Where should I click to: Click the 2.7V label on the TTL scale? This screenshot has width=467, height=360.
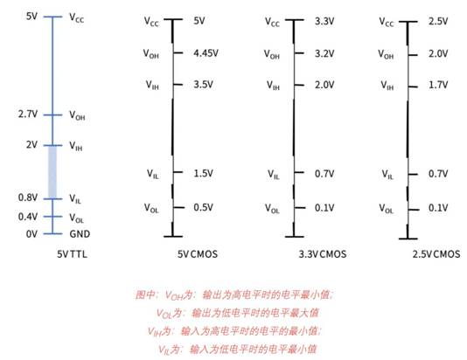coord(28,114)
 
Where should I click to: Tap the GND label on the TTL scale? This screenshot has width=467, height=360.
coord(80,234)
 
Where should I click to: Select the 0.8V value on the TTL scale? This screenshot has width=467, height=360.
coord(28,197)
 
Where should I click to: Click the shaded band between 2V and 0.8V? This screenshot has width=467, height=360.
coord(52,172)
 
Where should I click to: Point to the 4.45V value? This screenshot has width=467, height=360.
coord(206,53)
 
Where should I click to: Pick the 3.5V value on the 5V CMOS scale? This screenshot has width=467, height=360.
coord(204,85)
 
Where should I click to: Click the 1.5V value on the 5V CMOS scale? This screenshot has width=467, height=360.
coord(204,173)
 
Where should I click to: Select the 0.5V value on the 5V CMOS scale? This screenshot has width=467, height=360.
coord(204,207)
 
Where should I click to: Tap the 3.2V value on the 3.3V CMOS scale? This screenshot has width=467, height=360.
coord(324,53)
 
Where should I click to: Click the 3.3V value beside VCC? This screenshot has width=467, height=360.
coord(324,22)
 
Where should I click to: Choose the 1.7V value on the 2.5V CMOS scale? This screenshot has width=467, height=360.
coord(438,85)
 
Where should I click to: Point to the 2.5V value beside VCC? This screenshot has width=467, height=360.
coord(438,22)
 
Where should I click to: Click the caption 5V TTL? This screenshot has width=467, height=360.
coord(72,254)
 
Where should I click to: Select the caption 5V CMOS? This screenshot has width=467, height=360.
coord(198,254)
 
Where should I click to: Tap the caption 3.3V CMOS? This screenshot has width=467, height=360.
coord(323,254)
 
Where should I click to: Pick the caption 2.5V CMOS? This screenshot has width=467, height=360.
coord(436,254)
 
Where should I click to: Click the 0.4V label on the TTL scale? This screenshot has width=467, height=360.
coord(28,217)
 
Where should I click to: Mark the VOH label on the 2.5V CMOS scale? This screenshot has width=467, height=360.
coord(386,54)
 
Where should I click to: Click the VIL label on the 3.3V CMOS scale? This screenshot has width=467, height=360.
coord(274,175)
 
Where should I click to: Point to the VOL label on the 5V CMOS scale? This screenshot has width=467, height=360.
coord(151,208)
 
